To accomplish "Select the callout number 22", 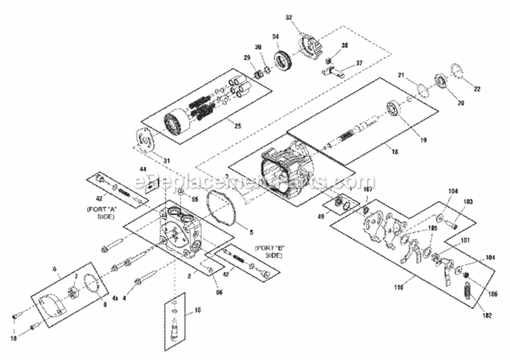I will coord(477,89).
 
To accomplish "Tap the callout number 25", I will coord(237,125).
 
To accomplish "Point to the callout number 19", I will coord(423,140).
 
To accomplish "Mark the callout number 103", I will coord(468,203).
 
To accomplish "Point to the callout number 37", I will coord(360,63).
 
